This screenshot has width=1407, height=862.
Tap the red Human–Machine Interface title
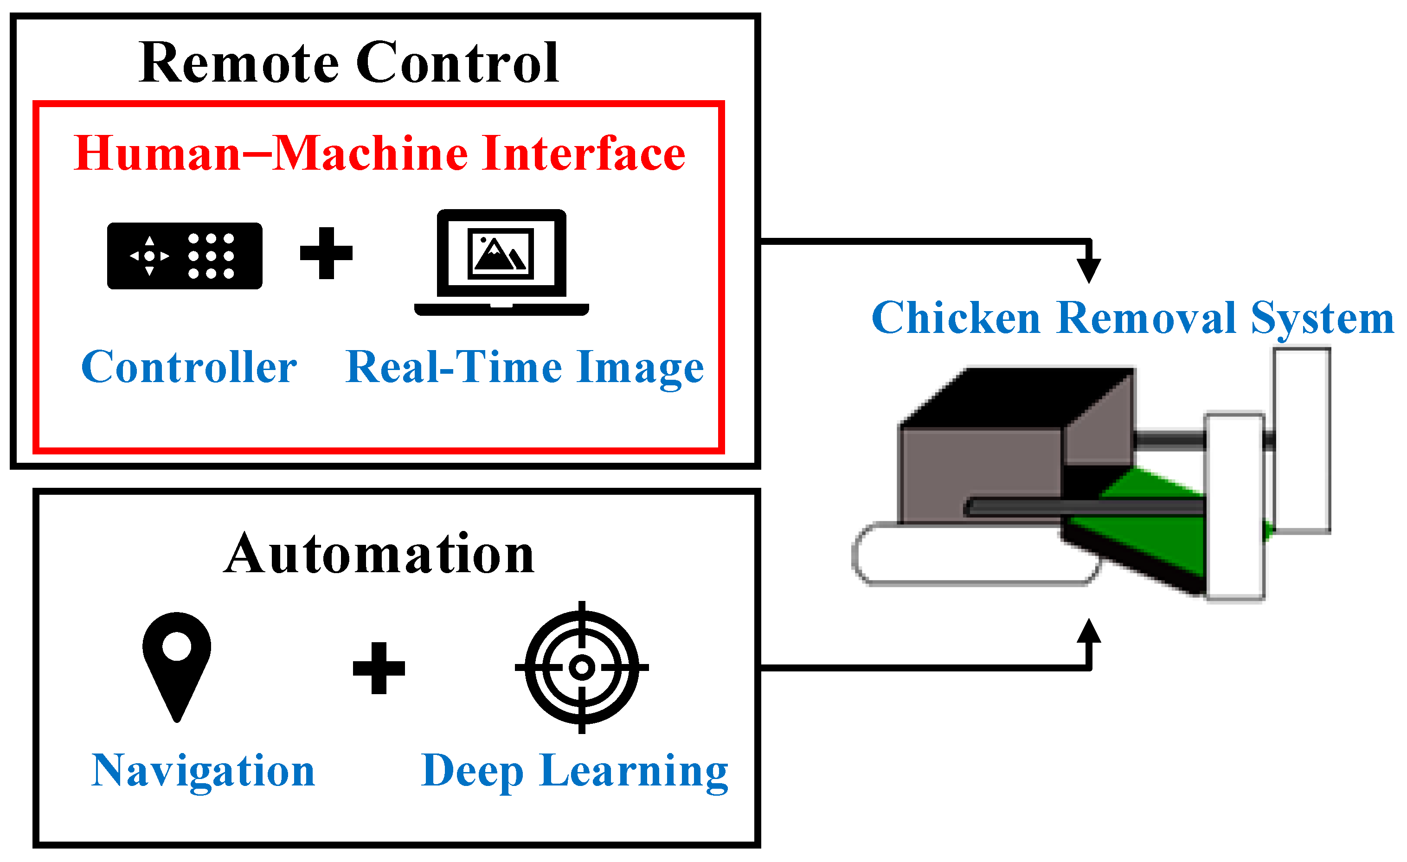pyautogui.click(x=379, y=153)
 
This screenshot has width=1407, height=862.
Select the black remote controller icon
pyautogui.click(x=185, y=256)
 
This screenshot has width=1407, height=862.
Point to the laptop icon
pyautogui.click(x=501, y=262)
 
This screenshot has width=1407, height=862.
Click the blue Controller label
pyautogui.click(x=189, y=367)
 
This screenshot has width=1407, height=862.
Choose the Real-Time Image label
pyautogui.click(x=524, y=369)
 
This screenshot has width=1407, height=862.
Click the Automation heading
pyautogui.click(x=379, y=553)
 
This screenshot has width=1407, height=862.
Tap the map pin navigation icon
pyautogui.click(x=176, y=666)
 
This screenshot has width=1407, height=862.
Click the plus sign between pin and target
pyautogui.click(x=379, y=668)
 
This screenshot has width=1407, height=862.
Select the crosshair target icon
pyautogui.click(x=582, y=667)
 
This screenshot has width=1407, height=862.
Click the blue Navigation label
pyautogui.click(x=203, y=771)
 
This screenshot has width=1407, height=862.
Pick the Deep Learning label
pyautogui.click(x=574, y=772)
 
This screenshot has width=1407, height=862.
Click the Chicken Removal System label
pyautogui.click(x=1133, y=319)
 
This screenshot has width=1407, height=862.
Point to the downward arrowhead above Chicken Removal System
pyautogui.click(x=1089, y=271)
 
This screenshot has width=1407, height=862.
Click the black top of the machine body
pyautogui.click(x=1016, y=397)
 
